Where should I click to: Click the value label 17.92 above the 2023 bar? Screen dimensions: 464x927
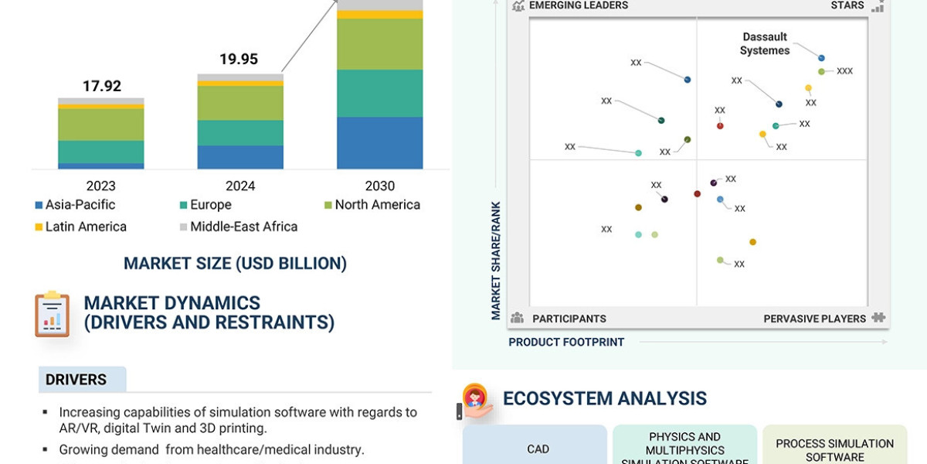(102, 86)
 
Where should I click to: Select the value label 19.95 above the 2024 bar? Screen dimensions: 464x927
(239, 60)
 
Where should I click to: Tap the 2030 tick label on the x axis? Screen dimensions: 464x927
(379, 186)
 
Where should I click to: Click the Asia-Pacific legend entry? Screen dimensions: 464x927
(75, 205)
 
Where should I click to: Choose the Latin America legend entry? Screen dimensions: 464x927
(80, 227)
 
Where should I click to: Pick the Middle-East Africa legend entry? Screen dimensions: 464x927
(238, 227)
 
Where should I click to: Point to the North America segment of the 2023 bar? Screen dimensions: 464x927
(101, 125)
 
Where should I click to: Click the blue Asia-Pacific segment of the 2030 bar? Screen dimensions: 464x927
(379, 143)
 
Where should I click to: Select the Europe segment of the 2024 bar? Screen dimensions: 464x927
(240, 133)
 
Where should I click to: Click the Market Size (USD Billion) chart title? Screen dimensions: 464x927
(236, 264)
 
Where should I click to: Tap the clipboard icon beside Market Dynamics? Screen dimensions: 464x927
(53, 314)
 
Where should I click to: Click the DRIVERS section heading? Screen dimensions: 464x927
(76, 380)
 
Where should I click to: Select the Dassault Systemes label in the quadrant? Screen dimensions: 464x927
(765, 44)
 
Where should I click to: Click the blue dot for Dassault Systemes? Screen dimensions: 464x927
(821, 58)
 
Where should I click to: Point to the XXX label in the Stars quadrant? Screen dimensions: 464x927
(844, 71)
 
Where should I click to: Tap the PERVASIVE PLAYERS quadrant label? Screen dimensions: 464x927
(814, 319)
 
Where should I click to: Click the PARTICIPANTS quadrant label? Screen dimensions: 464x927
(569, 319)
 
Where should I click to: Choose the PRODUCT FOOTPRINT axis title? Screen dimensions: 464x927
(566, 342)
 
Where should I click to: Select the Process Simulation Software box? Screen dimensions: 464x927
(834, 449)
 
